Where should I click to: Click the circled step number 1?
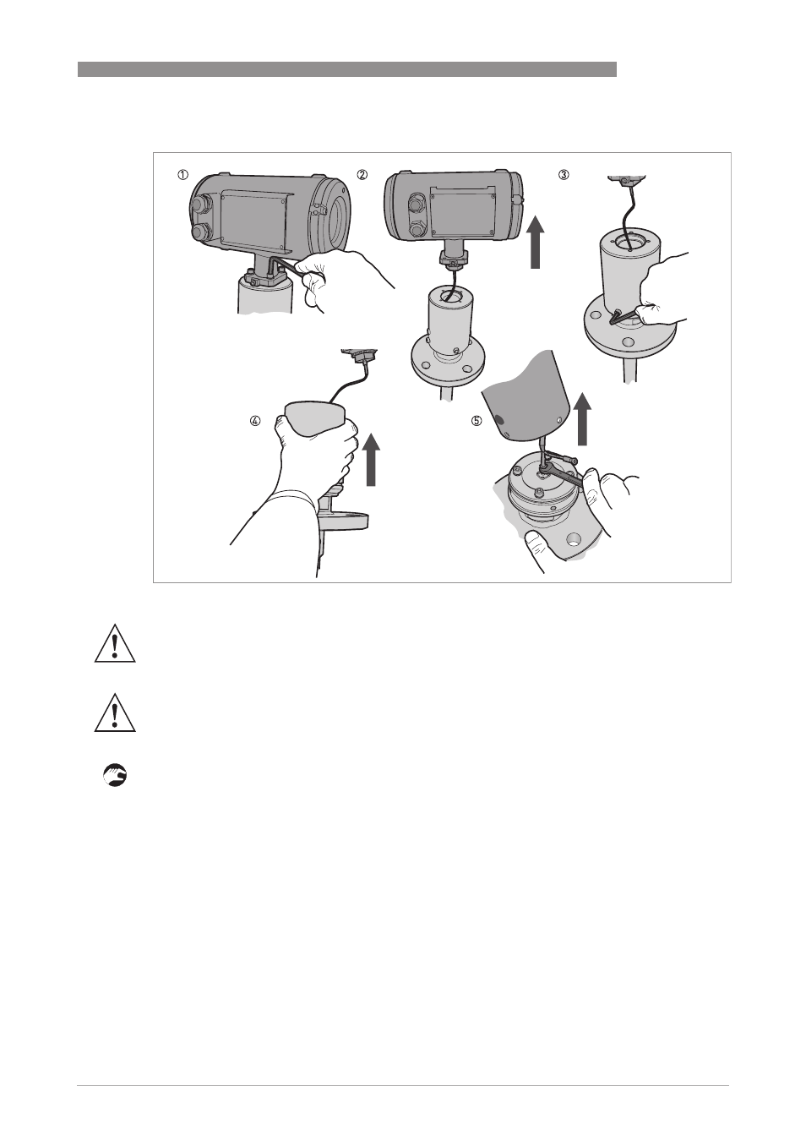(182, 175)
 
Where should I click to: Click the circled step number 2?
(362, 175)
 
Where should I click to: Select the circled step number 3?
(564, 175)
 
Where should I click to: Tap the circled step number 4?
(254, 421)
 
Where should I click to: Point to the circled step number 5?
(476, 421)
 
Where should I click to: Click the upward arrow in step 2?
(535, 241)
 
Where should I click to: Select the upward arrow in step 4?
(373, 459)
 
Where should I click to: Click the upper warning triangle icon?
(115, 643)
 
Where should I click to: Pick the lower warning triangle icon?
(115, 712)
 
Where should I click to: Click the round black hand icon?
(115, 775)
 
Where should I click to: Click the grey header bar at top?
(346, 69)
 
